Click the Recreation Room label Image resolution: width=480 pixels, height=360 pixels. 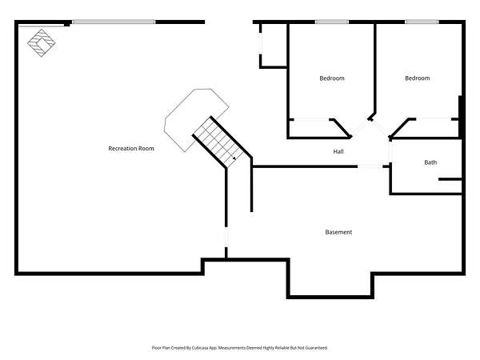[x=131, y=149]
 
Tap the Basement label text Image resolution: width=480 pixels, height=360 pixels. [x=338, y=232]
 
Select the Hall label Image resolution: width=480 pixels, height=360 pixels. [x=338, y=151]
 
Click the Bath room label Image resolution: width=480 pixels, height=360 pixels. [x=430, y=162]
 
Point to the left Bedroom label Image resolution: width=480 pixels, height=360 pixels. [x=332, y=78]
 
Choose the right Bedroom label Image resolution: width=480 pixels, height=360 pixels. [x=418, y=78]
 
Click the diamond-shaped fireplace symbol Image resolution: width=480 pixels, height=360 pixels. [x=42, y=43]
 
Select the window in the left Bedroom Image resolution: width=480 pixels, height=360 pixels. [x=332, y=22]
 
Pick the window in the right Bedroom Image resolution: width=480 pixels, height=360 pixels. [x=422, y=22]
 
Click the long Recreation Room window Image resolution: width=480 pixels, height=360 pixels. [x=114, y=22]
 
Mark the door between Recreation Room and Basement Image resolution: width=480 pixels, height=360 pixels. [x=226, y=238]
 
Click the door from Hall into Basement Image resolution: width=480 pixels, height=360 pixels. [x=370, y=166]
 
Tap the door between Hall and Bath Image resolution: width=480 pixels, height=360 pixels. [x=390, y=152]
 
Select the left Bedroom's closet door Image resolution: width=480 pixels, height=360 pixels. [x=310, y=119]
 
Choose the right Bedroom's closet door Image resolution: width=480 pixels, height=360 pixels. [x=434, y=118]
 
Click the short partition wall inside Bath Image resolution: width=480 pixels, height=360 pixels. [x=450, y=179]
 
